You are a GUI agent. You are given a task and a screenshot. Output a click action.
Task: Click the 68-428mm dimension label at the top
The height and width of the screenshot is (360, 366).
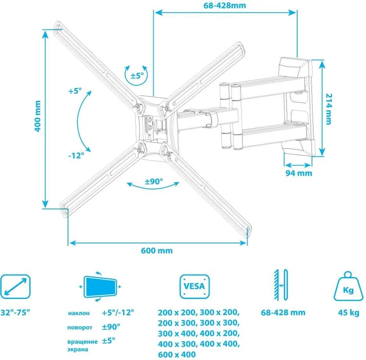coord(225,5)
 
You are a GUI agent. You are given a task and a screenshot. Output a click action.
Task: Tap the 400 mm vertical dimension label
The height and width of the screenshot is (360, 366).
coord(38,116)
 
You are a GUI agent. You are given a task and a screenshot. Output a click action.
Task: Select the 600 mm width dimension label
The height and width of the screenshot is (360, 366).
coord(157,251)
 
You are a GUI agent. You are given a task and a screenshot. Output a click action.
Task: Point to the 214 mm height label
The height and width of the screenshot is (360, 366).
coord(328,109)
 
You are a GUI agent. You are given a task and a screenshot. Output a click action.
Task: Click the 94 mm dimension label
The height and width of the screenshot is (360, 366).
coord(299,173)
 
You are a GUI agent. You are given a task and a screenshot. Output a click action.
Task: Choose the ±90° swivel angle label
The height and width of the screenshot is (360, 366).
coord(154,181)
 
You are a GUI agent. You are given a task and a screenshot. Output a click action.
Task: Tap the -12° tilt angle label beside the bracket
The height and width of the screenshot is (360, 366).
coord(76,155)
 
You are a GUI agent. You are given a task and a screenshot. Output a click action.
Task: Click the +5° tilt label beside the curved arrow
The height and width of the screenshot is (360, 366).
coord(75,91)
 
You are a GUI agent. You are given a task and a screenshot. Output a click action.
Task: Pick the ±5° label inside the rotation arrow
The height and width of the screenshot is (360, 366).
coord(137,76)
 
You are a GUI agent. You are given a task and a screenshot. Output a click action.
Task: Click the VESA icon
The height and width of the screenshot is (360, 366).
coord(195,286)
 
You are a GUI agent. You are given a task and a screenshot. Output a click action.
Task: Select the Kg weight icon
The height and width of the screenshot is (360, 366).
coord(348,286)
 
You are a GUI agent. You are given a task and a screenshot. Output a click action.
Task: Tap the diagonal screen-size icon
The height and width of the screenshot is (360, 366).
coord(15,287)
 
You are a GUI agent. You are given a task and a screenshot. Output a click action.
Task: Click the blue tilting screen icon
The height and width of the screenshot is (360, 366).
coord(100,287)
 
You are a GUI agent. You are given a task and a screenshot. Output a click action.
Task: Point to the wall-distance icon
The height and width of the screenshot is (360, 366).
coord(281,285)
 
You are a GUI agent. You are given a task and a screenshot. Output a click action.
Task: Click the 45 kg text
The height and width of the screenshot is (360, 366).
coord(348,313)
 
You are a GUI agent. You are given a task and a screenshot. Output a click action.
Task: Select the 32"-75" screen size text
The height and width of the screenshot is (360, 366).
coord(15,312)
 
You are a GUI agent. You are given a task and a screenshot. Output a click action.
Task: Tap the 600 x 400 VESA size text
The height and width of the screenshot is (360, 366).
coord(177,355)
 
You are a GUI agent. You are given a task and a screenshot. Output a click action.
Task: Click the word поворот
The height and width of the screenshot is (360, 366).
coord(80,328)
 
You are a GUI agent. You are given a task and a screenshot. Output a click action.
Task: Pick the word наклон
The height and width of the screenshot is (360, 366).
coord(79,313)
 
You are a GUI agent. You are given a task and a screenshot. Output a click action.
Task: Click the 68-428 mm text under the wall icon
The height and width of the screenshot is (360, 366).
coord(283,313)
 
